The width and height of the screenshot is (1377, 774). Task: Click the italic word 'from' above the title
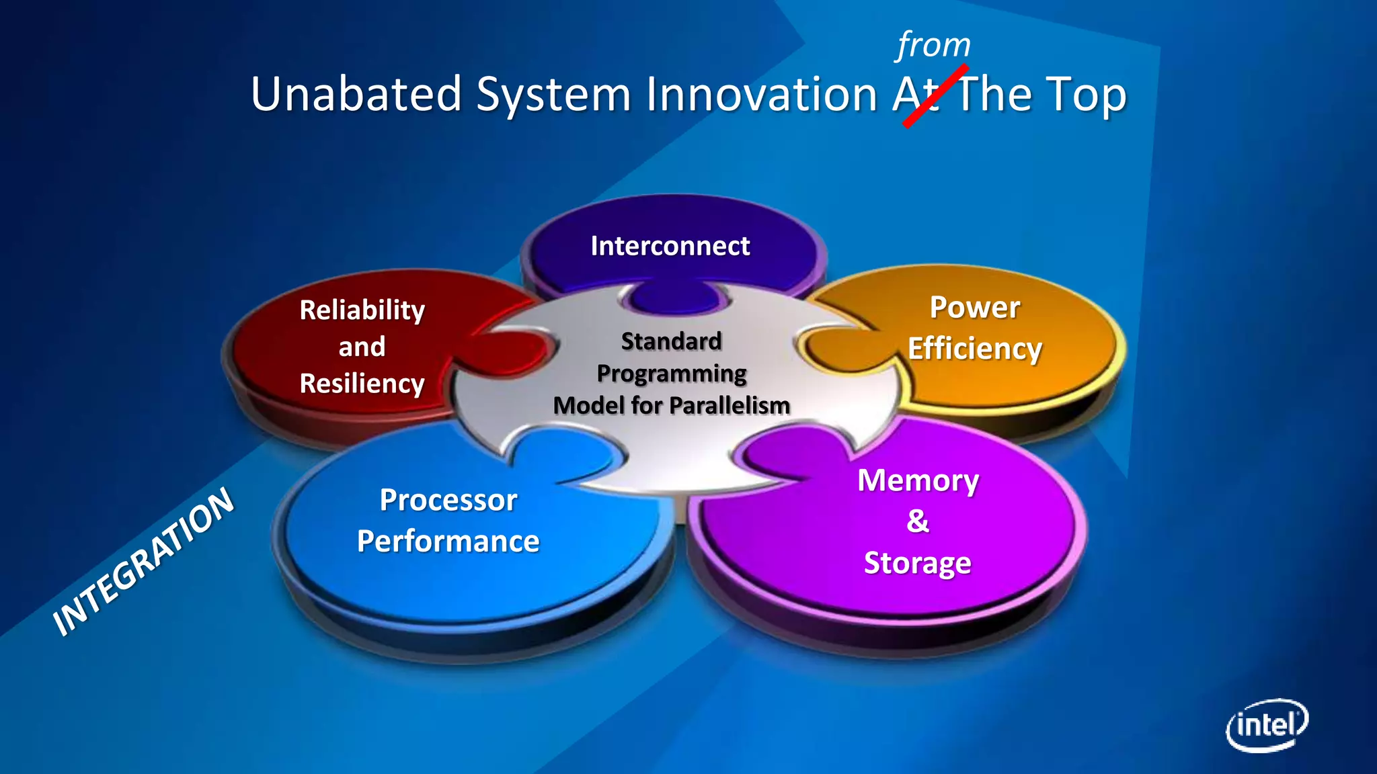point(934,46)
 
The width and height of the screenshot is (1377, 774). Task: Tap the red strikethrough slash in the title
point(935,96)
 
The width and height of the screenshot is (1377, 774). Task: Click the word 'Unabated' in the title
point(356,94)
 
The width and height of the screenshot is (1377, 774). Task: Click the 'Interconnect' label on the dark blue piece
point(670,246)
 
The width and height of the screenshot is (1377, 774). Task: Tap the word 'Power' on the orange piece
point(974,308)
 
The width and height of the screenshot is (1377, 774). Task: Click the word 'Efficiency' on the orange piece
point(974,349)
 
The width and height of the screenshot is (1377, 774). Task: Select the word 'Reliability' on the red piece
point(362,310)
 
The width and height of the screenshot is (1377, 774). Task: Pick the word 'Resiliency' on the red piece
point(362,384)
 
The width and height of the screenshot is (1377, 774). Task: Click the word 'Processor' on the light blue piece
point(448,500)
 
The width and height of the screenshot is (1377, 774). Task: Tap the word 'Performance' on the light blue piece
point(448,542)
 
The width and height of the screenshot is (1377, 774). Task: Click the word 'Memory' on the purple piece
point(918,481)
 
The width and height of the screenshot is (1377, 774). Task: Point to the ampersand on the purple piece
point(918,521)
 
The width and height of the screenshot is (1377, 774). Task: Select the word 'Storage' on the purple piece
point(917,563)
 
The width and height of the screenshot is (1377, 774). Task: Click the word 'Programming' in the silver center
point(671,374)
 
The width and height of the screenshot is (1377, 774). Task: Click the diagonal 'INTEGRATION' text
point(144,562)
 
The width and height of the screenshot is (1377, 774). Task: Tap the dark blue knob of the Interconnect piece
point(674,298)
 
